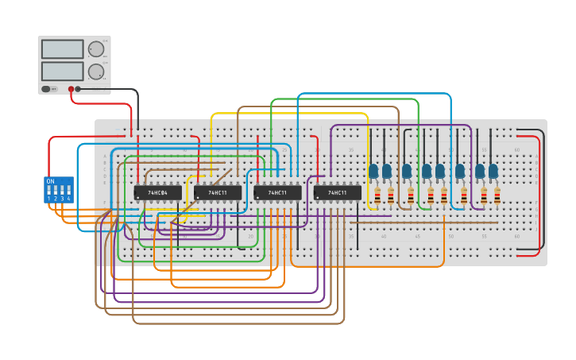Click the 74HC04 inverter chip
click(157, 192)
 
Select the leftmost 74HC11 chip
click(218, 192)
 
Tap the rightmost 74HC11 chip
click(337, 192)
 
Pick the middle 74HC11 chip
click(277, 192)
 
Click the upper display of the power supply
click(62, 49)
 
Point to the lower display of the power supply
click(62, 72)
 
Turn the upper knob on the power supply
click(96, 49)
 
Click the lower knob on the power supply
click(96, 72)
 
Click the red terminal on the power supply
click(72, 89)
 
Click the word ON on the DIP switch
click(51, 182)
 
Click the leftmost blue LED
click(373, 170)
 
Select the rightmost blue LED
click(493, 170)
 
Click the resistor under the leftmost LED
click(377, 195)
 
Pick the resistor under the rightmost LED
click(497, 195)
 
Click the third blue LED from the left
click(407, 170)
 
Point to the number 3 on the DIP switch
click(62, 199)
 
